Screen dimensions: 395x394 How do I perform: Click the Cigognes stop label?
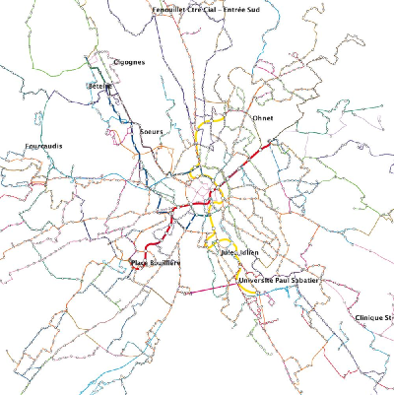click(129, 62)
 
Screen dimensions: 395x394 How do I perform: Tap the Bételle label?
click(99, 87)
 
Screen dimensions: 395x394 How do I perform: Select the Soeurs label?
click(152, 131)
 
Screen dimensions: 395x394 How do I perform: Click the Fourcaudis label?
click(43, 147)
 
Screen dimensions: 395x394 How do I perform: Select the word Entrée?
click(242, 8)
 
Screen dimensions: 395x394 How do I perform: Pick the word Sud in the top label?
click(265, 8)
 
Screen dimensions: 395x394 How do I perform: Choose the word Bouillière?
click(166, 263)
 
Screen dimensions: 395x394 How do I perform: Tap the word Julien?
click(248, 253)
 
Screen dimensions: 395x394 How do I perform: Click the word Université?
click(256, 281)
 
